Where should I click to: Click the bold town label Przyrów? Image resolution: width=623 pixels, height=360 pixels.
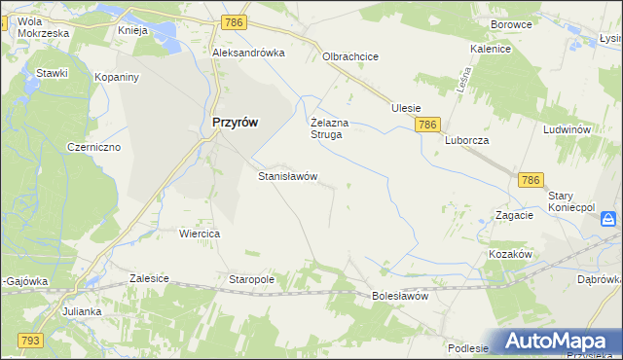click(x=235, y=123)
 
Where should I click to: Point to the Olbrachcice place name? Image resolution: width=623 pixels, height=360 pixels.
click(x=349, y=56)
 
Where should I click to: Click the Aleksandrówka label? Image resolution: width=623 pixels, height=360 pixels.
click(x=248, y=53)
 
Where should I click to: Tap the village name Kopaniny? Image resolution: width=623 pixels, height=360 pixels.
click(x=118, y=76)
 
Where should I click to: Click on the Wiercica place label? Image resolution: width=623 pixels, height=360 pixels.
click(x=200, y=234)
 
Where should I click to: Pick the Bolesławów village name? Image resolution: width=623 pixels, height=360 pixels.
click(x=400, y=296)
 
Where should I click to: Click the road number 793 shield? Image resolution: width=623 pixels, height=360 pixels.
click(x=29, y=341)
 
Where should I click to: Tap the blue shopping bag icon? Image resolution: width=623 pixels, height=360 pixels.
click(x=609, y=219)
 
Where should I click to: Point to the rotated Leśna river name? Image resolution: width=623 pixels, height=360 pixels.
click(x=465, y=79)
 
